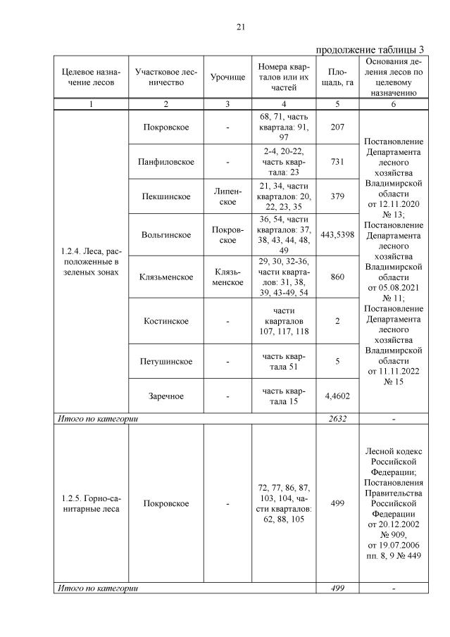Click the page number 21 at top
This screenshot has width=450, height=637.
click(240, 27)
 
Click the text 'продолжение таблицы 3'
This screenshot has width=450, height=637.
click(369, 50)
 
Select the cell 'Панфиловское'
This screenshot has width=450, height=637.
click(165, 162)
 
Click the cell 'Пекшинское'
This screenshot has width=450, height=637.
click(165, 196)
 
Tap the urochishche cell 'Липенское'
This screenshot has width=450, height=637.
click(227, 196)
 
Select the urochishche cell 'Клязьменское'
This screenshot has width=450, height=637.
click(227, 277)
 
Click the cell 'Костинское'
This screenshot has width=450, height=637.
click(165, 321)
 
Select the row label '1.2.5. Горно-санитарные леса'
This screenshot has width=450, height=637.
click(90, 503)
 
